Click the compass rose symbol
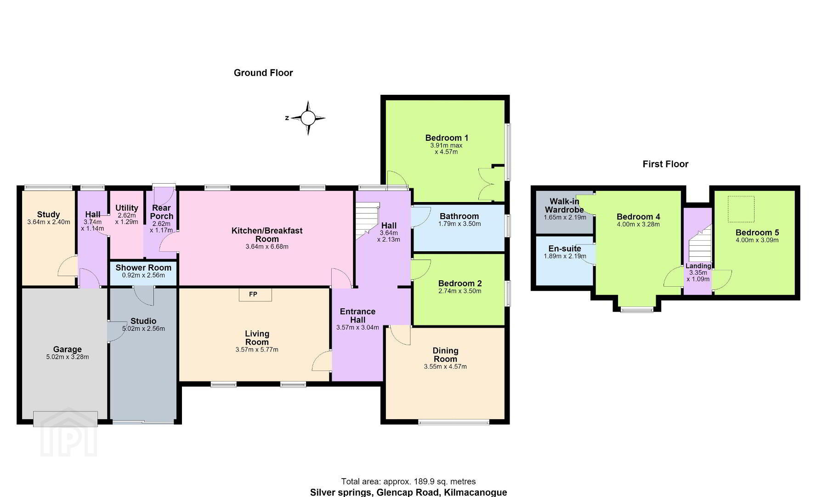click(x=308, y=118)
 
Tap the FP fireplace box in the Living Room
click(x=255, y=295)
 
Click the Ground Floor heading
click(x=263, y=73)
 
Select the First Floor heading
click(x=665, y=164)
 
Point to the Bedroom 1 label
click(x=447, y=138)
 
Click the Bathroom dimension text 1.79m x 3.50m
click(x=459, y=224)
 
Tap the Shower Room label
click(x=143, y=267)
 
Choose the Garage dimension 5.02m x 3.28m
click(x=68, y=357)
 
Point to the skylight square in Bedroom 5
click(x=741, y=208)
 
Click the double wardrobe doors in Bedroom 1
click(x=485, y=184)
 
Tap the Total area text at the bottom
click(x=408, y=482)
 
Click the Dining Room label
click(x=445, y=355)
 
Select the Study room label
click(x=48, y=214)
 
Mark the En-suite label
click(x=565, y=248)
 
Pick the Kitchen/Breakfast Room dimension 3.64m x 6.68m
click(x=267, y=247)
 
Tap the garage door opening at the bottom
click(x=65, y=419)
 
